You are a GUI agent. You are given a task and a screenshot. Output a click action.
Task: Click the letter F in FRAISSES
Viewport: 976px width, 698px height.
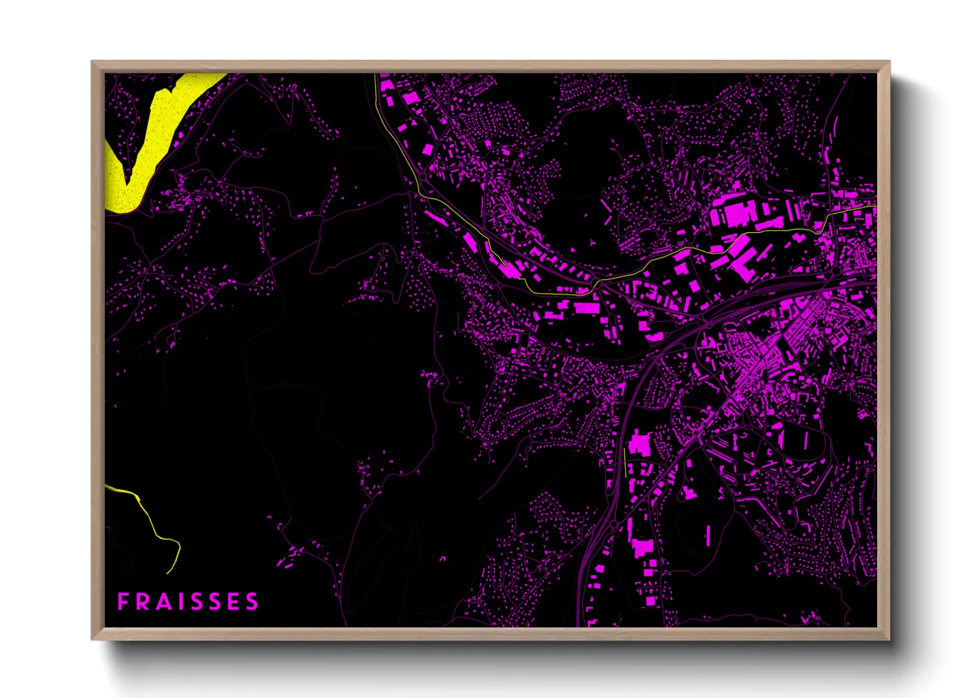[123, 602]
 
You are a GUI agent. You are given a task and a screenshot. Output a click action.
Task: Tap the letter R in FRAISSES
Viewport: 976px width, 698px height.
[140, 602]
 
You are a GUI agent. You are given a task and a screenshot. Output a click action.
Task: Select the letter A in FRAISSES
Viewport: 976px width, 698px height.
[161, 602]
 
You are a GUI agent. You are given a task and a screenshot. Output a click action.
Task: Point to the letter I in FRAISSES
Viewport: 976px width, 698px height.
[177, 602]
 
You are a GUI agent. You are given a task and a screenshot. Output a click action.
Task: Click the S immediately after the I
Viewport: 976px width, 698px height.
[193, 602]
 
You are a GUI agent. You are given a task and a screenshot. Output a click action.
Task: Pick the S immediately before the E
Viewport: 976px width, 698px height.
[212, 602]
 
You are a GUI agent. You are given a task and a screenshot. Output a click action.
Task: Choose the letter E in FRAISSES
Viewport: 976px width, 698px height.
[231, 602]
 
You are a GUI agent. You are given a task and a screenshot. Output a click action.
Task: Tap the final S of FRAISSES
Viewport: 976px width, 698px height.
[251, 602]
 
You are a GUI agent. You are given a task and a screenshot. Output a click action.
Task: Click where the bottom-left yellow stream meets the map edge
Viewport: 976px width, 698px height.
[106, 486]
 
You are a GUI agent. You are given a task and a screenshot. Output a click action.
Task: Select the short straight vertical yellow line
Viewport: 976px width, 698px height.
[625, 462]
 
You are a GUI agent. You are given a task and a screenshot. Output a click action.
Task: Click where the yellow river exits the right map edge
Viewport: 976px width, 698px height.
[876, 207]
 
